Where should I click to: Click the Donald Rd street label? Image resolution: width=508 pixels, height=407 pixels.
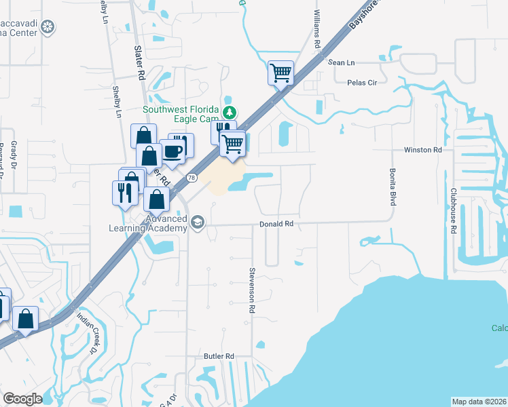pos(276,223)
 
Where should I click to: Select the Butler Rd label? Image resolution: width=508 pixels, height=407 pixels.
pos(219,355)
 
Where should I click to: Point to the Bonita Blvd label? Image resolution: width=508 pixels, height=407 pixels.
pos(392,187)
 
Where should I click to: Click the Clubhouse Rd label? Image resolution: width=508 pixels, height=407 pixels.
pos(452,212)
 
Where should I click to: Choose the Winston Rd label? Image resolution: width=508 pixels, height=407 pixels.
pos(422,149)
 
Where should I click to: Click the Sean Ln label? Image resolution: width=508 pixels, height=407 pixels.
pos(342,62)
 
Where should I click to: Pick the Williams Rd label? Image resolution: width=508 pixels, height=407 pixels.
pos(317,28)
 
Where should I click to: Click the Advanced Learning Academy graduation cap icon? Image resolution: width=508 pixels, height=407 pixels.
pos(198,222)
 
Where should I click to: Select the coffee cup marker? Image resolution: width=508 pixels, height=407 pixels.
pos(173,151)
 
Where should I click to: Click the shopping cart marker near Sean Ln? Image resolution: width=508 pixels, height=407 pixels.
pos(281,71)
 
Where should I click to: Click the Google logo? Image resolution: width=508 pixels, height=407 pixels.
pos(22,399)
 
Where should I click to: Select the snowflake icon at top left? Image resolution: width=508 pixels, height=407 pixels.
pos(48,27)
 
